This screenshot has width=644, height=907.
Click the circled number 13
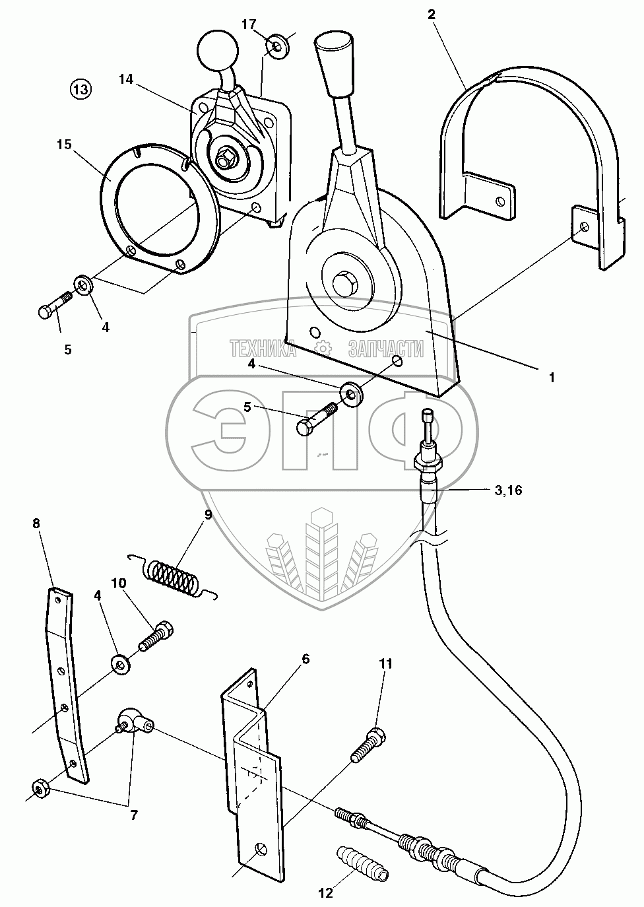tap(81, 88)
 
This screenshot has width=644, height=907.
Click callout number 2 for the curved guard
tap(432, 15)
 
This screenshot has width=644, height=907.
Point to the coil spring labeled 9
tap(172, 575)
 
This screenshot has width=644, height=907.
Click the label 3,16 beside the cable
tap(508, 490)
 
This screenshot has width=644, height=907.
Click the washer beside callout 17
tap(277, 47)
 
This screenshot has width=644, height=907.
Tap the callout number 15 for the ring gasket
tap(64, 145)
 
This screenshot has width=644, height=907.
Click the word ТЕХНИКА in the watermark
tap(263, 349)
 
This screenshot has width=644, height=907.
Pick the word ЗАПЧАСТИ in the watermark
tap(386, 349)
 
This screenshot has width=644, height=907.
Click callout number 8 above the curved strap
tap(36, 523)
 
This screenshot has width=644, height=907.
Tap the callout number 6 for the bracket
tap(306, 671)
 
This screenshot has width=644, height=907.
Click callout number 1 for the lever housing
tap(552, 378)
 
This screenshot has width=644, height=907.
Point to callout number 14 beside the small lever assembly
tap(126, 79)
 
